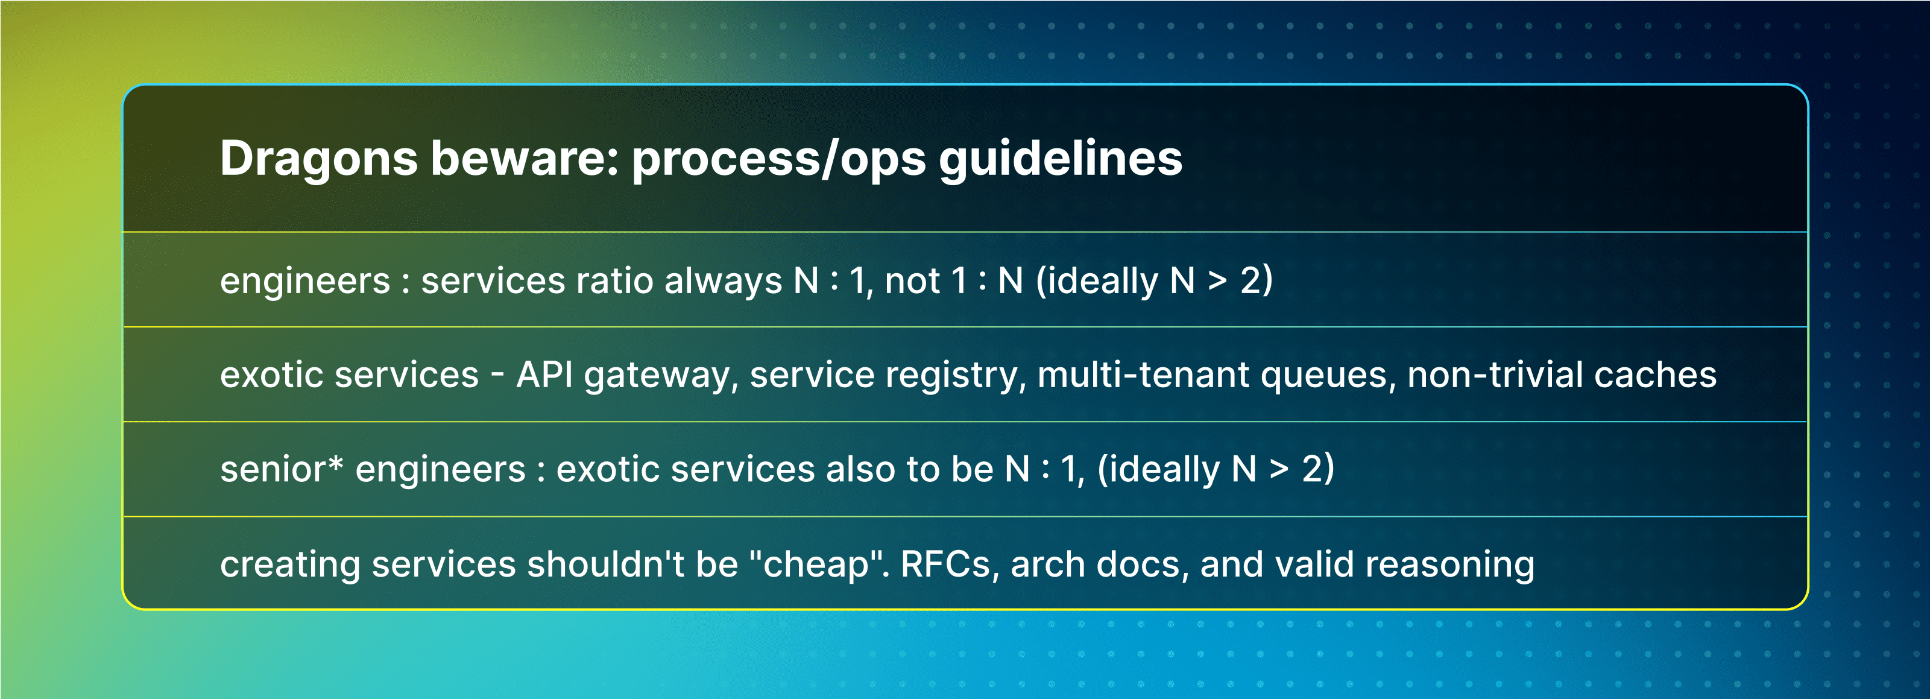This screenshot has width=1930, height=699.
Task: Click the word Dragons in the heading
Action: tap(318, 159)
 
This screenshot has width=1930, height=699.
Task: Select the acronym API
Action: tap(544, 375)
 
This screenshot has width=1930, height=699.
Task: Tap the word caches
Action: tap(1655, 375)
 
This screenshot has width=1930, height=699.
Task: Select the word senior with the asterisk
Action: tap(281, 469)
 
